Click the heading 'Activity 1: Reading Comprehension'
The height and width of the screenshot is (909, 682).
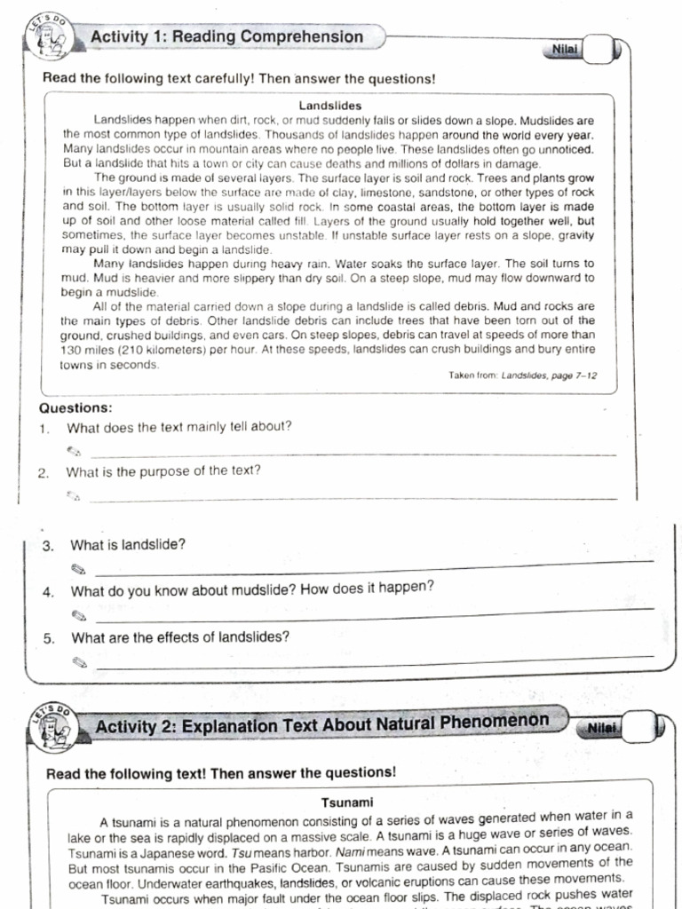click(x=226, y=37)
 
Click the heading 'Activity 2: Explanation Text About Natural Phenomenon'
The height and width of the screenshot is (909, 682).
click(x=321, y=723)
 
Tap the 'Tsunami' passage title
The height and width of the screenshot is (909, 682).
click(x=346, y=802)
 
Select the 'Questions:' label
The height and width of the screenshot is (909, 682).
click(x=75, y=408)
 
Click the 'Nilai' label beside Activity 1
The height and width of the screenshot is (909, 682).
click(x=565, y=50)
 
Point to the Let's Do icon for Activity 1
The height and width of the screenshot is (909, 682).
click(x=52, y=40)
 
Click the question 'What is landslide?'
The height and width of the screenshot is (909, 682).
click(x=128, y=544)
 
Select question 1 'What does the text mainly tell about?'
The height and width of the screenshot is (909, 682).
click(x=178, y=426)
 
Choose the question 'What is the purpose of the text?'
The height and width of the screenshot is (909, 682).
click(x=163, y=471)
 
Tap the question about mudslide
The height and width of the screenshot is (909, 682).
click(x=252, y=589)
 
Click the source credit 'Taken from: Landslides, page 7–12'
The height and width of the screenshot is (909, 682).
click(x=522, y=375)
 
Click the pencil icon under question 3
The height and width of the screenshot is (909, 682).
click(x=79, y=568)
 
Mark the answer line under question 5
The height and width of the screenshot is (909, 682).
click(x=373, y=661)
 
